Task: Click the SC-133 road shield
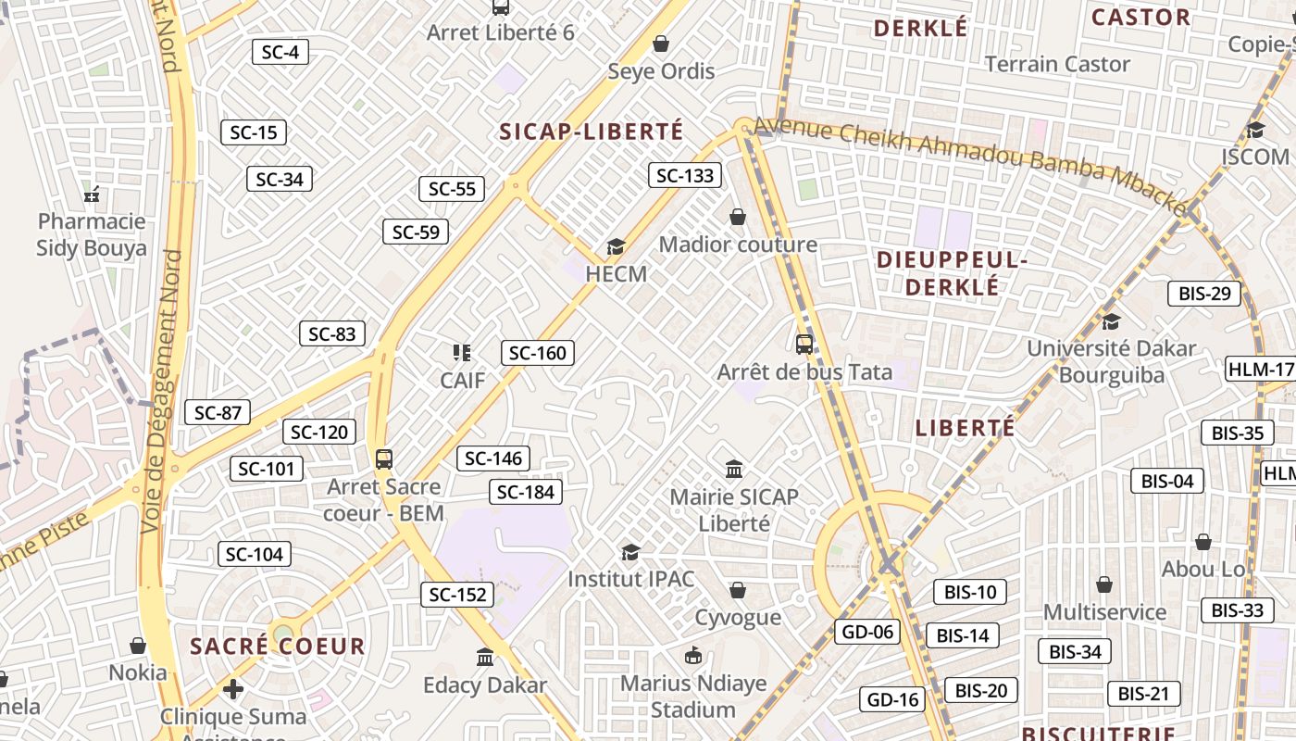tap(685, 175)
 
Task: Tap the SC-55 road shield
tap(452, 189)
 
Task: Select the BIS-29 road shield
tap(1204, 294)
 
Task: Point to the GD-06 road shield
tap(867, 632)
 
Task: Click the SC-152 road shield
tap(457, 595)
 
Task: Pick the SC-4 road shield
tap(280, 52)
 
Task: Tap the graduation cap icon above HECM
tap(616, 246)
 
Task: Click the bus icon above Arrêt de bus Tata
tap(804, 345)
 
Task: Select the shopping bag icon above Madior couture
tap(738, 217)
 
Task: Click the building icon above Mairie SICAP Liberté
tap(734, 469)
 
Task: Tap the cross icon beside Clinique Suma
tap(233, 689)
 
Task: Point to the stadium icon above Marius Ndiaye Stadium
tap(693, 656)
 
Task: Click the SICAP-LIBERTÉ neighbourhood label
tap(592, 132)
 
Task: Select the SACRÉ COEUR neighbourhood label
tap(278, 647)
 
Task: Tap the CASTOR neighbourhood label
tap(1140, 18)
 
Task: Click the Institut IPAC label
tap(630, 579)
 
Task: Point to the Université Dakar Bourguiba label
tap(1111, 362)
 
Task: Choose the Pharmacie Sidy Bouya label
tap(92, 234)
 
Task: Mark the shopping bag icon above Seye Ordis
tap(661, 44)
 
